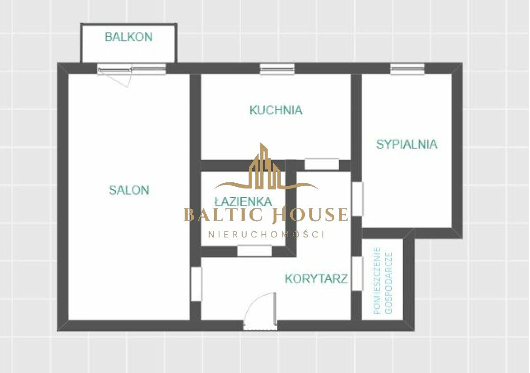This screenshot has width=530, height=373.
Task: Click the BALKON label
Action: coord(129,37)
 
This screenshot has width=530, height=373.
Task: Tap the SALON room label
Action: coord(129,190)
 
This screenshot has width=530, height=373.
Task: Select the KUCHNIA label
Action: coord(276,110)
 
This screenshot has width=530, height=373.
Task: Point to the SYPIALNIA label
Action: coord(407,144)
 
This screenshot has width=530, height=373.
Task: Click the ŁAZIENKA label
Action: coord(243,201)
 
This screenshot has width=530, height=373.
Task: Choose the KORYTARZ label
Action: coord(317,279)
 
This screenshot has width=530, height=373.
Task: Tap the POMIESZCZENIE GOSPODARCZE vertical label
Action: coord(383,281)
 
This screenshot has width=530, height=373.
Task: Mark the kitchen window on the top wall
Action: coord(277,69)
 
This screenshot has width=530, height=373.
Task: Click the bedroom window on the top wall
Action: coord(407,69)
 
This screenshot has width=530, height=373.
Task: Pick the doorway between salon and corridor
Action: coord(196,284)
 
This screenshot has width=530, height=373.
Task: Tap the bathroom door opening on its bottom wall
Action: coord(254,251)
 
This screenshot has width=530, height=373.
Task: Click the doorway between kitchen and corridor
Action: coord(322,164)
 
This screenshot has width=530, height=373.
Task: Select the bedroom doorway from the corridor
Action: coord(357,199)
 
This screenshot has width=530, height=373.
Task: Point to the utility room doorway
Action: coord(357,274)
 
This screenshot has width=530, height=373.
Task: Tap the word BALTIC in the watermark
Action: coord(224,215)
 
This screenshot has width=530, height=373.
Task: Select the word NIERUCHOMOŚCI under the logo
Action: coord(266,234)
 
